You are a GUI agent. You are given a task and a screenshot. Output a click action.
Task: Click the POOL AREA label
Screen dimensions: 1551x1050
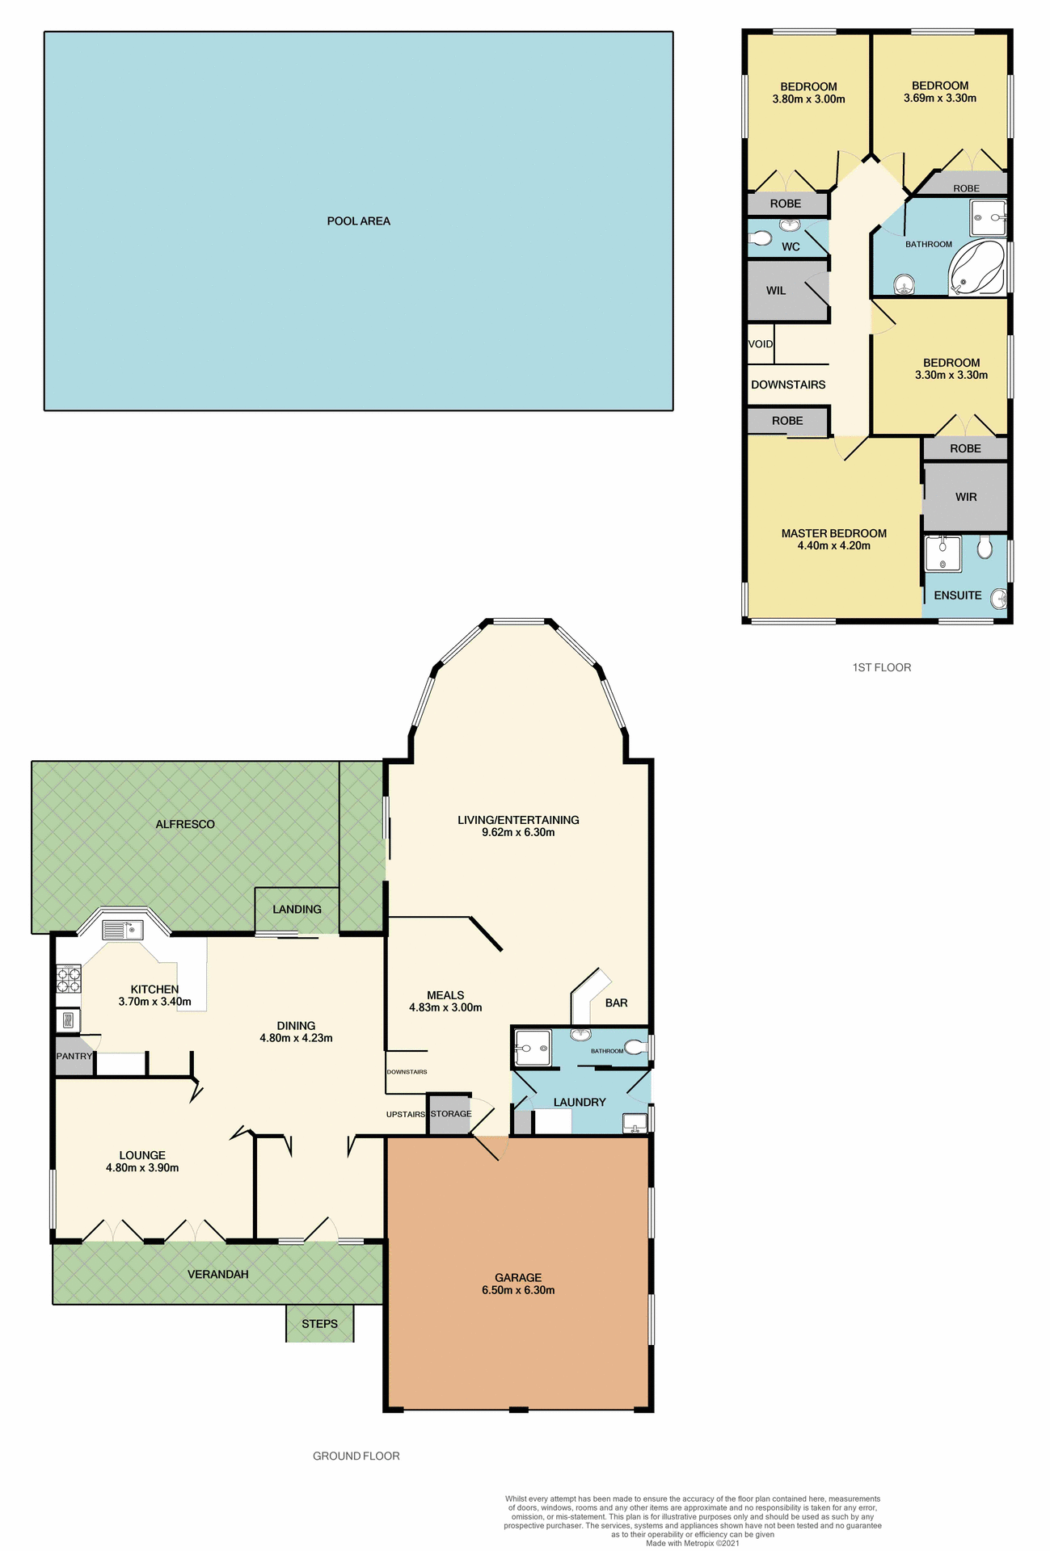[358, 221]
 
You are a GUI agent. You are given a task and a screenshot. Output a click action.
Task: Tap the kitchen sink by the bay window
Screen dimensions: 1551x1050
[122, 930]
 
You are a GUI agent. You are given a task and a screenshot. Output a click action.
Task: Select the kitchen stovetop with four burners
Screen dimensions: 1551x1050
[68, 980]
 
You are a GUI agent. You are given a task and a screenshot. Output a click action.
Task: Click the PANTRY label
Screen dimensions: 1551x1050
[74, 1056]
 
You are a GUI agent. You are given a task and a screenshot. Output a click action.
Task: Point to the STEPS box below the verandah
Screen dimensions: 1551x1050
[319, 1323]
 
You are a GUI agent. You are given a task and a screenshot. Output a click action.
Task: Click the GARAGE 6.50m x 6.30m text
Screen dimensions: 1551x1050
[518, 1284]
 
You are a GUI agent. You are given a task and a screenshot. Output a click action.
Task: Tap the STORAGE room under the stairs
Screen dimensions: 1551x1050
[450, 1114]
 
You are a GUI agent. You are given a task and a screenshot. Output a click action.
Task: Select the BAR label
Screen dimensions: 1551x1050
[616, 1002]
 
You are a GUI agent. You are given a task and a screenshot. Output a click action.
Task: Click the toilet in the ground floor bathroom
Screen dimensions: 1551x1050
[636, 1048]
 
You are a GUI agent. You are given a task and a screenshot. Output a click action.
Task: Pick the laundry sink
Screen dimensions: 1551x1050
[635, 1123]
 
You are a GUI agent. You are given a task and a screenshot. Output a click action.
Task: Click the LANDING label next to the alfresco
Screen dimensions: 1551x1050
[297, 910]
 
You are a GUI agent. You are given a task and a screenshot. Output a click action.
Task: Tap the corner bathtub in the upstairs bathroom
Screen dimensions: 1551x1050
[976, 267]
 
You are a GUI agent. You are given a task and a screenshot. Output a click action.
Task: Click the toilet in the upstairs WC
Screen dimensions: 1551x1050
[759, 238]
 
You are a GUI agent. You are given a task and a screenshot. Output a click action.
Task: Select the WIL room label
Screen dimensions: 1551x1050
[775, 291]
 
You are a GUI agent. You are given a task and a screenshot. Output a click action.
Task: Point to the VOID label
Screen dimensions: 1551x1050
[760, 344]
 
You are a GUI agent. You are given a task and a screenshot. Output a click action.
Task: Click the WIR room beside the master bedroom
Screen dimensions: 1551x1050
[965, 497]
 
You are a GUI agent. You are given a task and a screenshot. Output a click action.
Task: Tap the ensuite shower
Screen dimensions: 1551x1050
[942, 553]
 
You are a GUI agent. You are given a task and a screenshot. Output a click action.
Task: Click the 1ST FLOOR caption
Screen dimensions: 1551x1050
[881, 667]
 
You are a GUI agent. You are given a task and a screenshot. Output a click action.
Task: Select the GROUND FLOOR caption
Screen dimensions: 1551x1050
[356, 1456]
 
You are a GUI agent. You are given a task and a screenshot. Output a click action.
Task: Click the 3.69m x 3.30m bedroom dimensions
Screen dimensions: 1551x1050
[939, 99]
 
